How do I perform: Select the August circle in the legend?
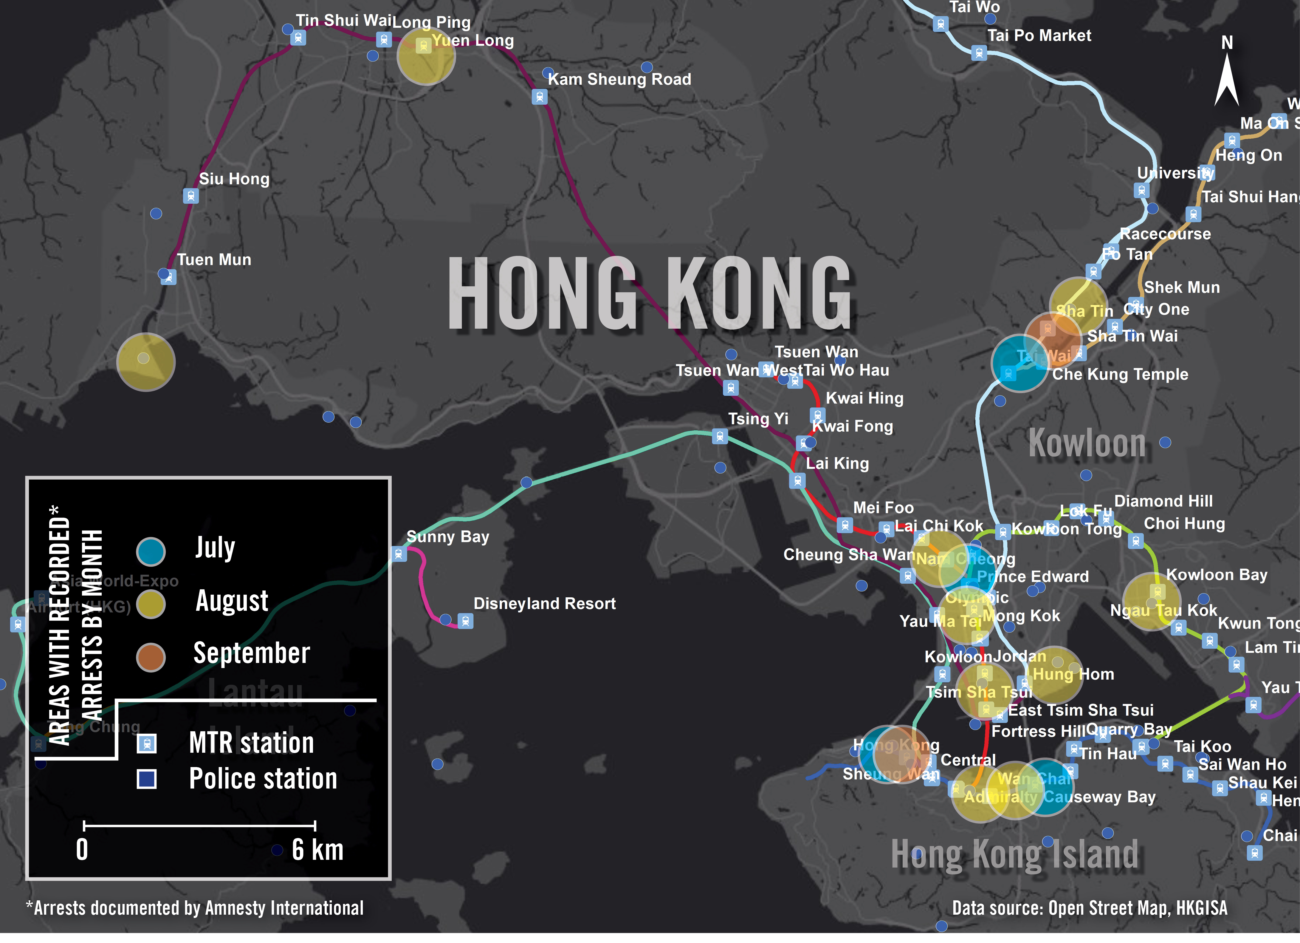[151, 604]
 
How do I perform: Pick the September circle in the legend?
[151, 657]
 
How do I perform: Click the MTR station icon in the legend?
[147, 744]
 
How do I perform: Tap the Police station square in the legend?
[147, 779]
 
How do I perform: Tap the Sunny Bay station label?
[448, 537]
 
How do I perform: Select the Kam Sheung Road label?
[619, 79]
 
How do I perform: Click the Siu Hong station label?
[234, 179]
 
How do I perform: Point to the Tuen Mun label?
[214, 260]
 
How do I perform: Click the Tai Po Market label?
[1039, 35]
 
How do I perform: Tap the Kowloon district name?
[1087, 443]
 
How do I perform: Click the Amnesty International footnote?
[195, 908]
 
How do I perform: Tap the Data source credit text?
[1089, 908]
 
